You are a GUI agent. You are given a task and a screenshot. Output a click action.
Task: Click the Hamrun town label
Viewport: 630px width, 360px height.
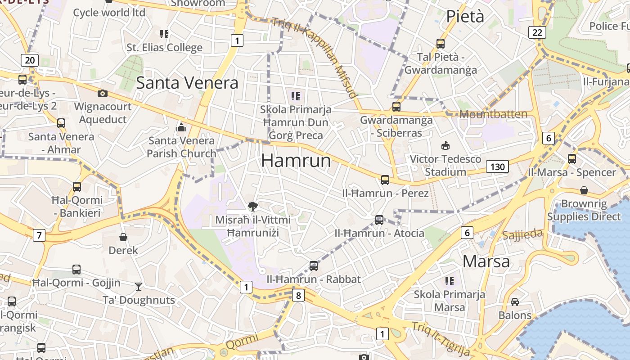tap(296, 161)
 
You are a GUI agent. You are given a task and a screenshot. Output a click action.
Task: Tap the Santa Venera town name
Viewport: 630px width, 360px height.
tap(187, 83)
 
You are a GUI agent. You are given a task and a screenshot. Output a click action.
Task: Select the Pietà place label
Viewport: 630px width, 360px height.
tap(465, 16)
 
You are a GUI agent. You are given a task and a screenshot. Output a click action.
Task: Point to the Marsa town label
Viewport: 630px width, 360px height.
tap(486, 261)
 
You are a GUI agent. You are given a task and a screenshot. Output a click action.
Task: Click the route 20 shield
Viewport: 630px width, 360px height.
tap(30, 60)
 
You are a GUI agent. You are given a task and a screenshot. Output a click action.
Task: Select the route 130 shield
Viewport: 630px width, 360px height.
tap(497, 167)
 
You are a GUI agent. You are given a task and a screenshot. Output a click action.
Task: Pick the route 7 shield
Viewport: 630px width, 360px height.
tap(39, 234)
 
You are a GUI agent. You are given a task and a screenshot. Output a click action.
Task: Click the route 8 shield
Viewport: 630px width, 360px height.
tap(298, 295)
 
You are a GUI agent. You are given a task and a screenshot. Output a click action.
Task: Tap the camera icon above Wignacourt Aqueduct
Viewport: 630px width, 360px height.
tap(103, 93)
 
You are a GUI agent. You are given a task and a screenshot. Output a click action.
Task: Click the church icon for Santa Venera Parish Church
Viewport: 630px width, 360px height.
tap(181, 127)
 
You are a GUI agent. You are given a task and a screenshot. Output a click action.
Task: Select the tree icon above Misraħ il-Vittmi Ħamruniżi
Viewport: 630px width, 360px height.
tap(253, 207)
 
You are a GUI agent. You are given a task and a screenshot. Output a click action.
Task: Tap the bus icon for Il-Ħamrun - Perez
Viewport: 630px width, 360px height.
tap(385, 180)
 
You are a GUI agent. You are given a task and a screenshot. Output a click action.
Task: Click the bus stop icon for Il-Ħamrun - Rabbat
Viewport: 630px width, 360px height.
tap(314, 266)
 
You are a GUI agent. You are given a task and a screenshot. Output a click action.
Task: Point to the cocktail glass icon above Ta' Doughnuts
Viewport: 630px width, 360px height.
tap(139, 286)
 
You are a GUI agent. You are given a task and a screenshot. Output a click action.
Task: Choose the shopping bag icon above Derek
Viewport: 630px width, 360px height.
tap(123, 237)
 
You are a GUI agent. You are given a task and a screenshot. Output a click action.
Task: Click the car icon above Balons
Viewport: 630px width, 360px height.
tap(515, 301)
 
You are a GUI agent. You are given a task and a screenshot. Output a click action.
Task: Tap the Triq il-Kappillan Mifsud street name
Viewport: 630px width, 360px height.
tap(315, 56)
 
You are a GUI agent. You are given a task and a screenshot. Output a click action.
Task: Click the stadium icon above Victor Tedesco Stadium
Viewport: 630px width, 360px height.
tap(445, 145)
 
